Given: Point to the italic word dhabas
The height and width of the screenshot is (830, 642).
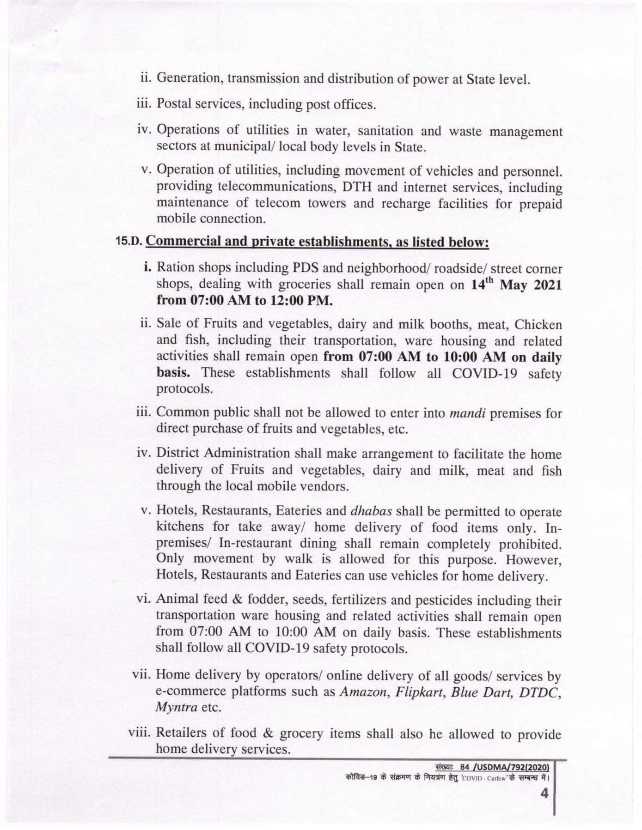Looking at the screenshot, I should click(x=372, y=511).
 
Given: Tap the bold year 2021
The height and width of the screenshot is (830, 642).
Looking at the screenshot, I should click(x=547, y=285).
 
